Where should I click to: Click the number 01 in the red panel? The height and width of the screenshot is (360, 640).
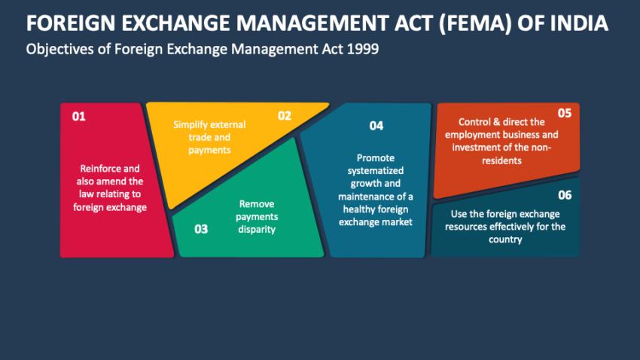[79, 117]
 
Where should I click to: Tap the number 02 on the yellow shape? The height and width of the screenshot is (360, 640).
[284, 116]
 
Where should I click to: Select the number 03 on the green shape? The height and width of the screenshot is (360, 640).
[201, 229]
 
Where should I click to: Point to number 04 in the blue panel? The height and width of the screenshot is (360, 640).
[376, 126]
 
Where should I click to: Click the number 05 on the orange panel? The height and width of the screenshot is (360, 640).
[564, 113]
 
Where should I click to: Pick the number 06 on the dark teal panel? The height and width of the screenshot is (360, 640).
[565, 195]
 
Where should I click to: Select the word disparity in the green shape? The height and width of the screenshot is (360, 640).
[256, 229]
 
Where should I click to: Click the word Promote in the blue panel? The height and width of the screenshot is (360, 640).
[375, 158]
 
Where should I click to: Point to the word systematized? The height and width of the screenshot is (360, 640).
[375, 171]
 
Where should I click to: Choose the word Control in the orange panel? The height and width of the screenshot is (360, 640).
[474, 122]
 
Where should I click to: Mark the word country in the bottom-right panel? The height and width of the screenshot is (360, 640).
[505, 239]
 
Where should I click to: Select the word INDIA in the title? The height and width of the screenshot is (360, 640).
[581, 23]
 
